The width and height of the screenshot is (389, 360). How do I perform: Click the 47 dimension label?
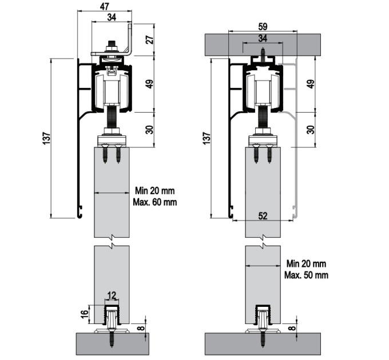pyautogui.click(x=105, y=6)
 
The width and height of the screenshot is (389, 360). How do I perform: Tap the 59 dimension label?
pyautogui.click(x=263, y=26)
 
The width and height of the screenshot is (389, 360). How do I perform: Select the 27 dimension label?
pyautogui.click(x=150, y=39)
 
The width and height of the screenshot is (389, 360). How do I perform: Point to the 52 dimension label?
pyautogui.click(x=263, y=216)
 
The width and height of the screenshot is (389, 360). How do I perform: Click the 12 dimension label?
pyautogui.click(x=112, y=295)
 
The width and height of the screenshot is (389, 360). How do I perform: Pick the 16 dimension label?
pyautogui.click(x=85, y=314)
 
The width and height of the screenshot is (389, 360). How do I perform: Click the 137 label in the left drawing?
pyautogui.click(x=46, y=139)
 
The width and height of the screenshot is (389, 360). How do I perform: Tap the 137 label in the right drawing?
pyautogui.click(x=207, y=138)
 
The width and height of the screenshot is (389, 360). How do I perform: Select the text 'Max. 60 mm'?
pyautogui.click(x=155, y=202)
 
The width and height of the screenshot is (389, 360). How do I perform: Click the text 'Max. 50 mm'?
pyautogui.click(x=307, y=275)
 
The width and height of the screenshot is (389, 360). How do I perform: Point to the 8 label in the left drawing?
pyautogui.click(x=141, y=329)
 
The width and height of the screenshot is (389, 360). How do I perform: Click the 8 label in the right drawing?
pyautogui.click(x=292, y=328)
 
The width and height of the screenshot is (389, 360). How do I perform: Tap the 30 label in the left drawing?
pyautogui.click(x=150, y=130)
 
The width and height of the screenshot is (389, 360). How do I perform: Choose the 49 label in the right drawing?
pyautogui.click(x=311, y=84)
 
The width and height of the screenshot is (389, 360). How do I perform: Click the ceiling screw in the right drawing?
pyautogui.click(x=263, y=55)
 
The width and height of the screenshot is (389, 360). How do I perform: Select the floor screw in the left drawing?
pyautogui.click(x=112, y=338)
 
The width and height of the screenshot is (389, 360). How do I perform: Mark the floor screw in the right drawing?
pyautogui.click(x=263, y=338)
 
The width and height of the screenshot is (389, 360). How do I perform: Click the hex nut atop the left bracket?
pyautogui.click(x=112, y=48)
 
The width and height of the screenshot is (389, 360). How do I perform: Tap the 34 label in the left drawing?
pyautogui.click(x=112, y=17)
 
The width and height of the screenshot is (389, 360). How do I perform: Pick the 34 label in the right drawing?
pyautogui.click(x=263, y=38)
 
